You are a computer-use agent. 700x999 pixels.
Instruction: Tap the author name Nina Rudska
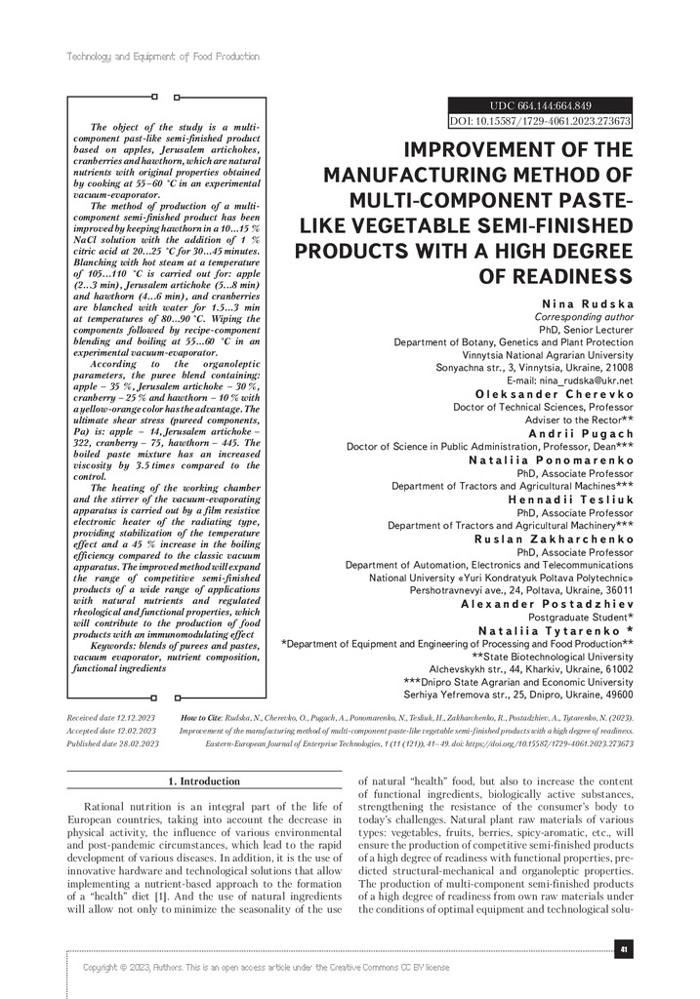(x=585, y=304)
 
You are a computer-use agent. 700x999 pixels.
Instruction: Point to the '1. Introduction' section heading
(x=204, y=780)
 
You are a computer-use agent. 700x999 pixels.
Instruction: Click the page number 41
(x=623, y=947)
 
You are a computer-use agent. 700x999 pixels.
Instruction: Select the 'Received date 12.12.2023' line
(x=111, y=717)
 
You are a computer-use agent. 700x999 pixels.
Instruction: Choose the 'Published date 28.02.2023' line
(x=111, y=742)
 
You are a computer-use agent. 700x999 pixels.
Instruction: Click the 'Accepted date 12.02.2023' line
(x=111, y=730)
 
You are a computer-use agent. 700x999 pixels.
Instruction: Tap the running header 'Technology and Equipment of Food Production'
(x=162, y=57)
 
